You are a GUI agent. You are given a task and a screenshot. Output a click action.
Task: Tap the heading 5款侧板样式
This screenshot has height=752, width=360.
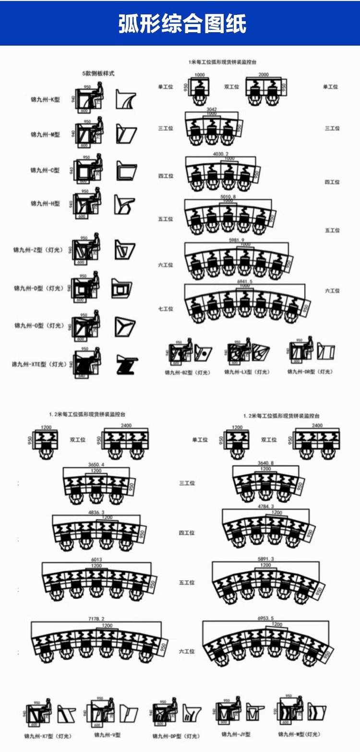coord(98,73)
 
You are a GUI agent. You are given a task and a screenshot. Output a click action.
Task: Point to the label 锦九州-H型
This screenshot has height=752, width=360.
coord(46,204)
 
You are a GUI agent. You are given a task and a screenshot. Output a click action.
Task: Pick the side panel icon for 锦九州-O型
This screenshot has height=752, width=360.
coord(124,327)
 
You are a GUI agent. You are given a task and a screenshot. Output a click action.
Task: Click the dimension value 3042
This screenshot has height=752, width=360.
coord(211,109)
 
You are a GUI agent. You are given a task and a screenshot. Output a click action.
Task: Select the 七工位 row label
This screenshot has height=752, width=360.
coord(166,309)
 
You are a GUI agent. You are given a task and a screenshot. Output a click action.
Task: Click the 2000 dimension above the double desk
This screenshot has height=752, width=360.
coord(263,75)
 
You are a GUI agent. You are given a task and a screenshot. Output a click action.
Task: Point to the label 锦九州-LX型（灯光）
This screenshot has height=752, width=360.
coord(247,372)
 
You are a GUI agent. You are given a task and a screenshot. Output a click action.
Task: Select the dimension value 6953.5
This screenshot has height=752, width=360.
coord(265,618)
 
